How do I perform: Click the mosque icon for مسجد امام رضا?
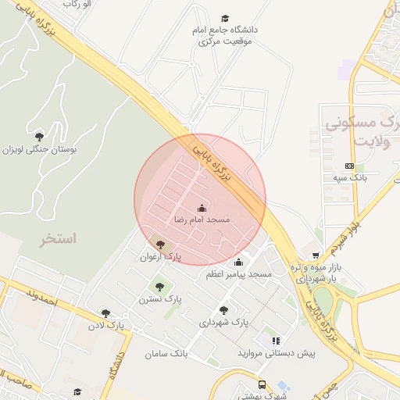tap(202, 208)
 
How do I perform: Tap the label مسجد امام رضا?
tap(202, 220)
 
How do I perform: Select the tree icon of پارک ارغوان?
tap(160, 245)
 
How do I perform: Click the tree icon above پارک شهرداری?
tap(224, 310)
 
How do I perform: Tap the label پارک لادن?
tap(106, 324)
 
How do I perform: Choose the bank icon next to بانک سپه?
tap(348, 166)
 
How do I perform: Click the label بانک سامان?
tap(166, 354)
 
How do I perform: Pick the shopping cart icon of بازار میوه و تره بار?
tap(316, 255)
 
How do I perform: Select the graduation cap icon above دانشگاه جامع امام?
tap(225, 18)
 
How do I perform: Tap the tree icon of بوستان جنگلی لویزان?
tap(39, 136)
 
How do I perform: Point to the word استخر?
tap(58, 239)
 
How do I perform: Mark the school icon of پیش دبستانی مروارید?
tap(276, 341)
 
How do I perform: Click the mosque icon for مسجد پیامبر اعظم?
tap(238, 262)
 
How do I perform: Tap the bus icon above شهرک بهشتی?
tap(262, 384)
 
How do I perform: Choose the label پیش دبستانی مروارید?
tap(277, 353)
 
